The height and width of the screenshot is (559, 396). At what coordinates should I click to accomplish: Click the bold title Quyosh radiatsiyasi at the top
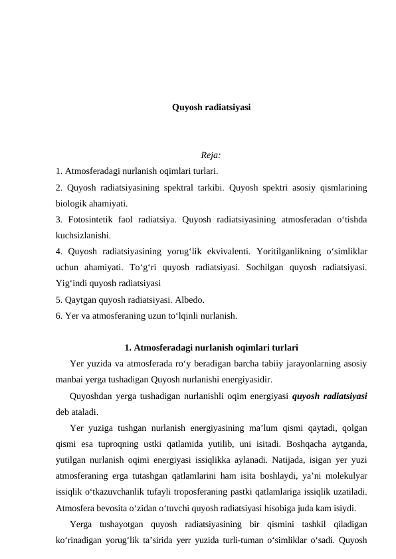[211, 107]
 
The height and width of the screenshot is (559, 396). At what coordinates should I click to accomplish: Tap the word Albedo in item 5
[188, 299]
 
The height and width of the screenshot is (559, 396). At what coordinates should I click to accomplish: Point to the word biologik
[72, 203]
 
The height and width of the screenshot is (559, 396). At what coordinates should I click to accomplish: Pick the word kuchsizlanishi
[83, 235]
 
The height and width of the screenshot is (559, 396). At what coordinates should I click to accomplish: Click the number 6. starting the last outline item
[60, 315]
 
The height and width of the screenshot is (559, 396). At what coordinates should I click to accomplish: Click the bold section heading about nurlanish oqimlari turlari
[211, 347]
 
